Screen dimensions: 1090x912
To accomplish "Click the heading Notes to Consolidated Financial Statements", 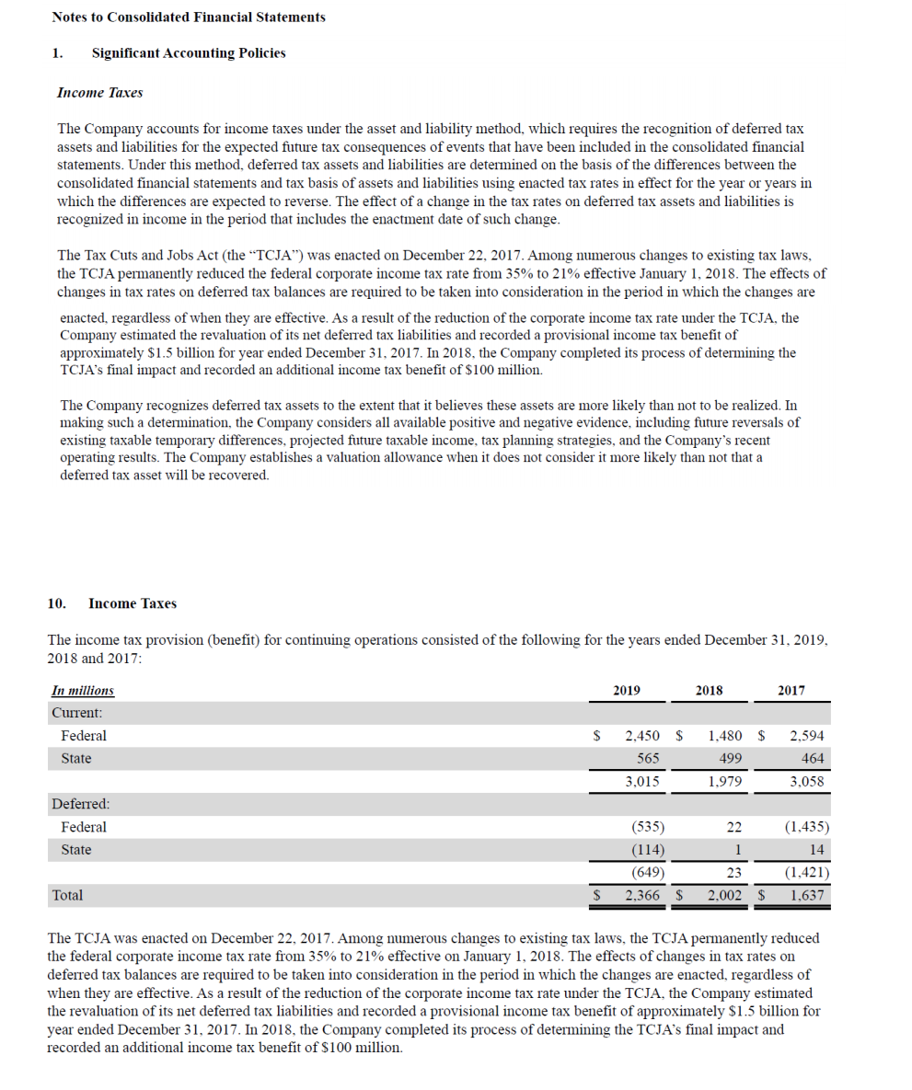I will (189, 17).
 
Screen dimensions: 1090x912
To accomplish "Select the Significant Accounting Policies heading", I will (189, 53).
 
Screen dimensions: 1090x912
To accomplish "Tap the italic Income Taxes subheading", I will (99, 93).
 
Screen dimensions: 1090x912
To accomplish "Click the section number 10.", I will (56, 603).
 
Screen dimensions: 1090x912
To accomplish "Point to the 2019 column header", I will (627, 690).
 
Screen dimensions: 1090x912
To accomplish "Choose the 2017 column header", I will (791, 690).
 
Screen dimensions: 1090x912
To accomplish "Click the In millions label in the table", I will (83, 691).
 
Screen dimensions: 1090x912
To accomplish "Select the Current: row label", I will (76, 713).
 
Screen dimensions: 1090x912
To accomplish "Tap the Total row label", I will (67, 894).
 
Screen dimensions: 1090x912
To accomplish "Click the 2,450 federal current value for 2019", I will (641, 736).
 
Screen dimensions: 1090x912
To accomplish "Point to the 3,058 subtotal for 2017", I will (807, 782).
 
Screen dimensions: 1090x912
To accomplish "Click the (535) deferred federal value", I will (648, 827).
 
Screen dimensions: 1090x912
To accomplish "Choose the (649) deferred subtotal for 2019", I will (648, 872).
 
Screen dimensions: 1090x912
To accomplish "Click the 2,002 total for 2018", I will (723, 894).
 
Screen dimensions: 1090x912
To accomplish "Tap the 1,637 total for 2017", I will (807, 894).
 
